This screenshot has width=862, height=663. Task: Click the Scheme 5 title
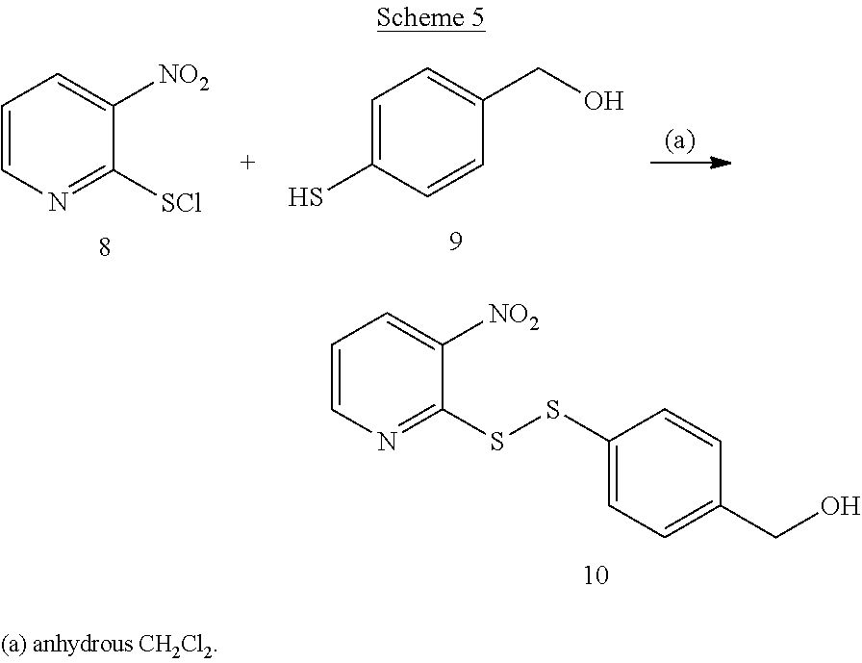pos(430,17)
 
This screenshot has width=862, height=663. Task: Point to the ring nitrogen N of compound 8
pos(57,202)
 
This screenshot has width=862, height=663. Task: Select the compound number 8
pos(104,247)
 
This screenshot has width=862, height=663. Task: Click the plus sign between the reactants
pos(247,163)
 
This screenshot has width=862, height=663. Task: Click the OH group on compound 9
pos(603,100)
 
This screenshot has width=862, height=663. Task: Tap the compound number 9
pos(455,241)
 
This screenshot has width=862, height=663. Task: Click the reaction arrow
pos(690,164)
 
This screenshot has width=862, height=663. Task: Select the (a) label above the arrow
pos(679,141)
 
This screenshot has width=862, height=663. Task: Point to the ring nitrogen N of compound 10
pos(387,442)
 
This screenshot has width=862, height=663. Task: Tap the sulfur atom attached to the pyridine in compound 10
pos(496,443)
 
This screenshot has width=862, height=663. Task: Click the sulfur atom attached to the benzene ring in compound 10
pos(551,412)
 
